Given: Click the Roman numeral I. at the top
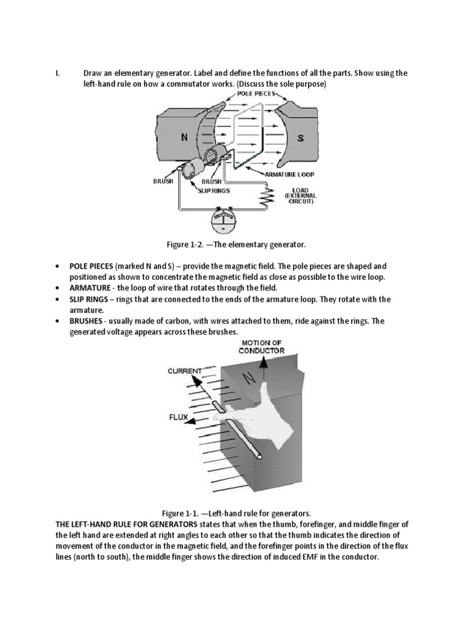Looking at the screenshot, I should [57, 73].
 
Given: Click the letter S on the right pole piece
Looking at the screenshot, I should [300, 139].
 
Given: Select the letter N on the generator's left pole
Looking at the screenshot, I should [184, 138].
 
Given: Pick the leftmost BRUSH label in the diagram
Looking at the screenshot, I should [163, 182].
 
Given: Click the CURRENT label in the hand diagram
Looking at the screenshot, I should [185, 371].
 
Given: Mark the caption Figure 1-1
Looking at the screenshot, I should [236, 513].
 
